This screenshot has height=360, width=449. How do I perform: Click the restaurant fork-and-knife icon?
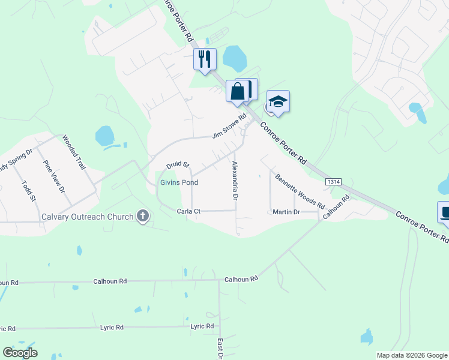pyautogui.click(x=205, y=59)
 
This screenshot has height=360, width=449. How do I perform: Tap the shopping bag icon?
pyautogui.click(x=237, y=92)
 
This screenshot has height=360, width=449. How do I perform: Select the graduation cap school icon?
pyautogui.click(x=278, y=101)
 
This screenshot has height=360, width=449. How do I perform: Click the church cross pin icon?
pyautogui.click(x=142, y=216)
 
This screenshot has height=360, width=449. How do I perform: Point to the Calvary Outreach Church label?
pyautogui.click(x=87, y=217)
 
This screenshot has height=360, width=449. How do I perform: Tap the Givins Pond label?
pyautogui.click(x=179, y=182)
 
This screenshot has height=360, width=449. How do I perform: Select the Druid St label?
pyautogui.click(x=178, y=164)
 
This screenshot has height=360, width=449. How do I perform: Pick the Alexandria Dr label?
pyautogui.click(x=235, y=181)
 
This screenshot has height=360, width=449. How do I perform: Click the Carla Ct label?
pyautogui.click(x=188, y=211)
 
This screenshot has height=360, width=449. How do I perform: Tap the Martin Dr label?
pyautogui.click(x=286, y=212)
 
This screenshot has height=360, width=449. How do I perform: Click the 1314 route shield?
pyautogui.click(x=334, y=181)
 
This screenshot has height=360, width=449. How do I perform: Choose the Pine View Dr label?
pyautogui.click(x=53, y=176)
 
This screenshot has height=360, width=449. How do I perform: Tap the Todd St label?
pyautogui.click(x=29, y=191)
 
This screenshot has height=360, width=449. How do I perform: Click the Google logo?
pyautogui.click(x=20, y=353)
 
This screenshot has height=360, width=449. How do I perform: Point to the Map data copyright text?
pyautogui.click(x=412, y=355)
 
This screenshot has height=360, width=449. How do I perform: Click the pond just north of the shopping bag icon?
pyautogui.click(x=234, y=59)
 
